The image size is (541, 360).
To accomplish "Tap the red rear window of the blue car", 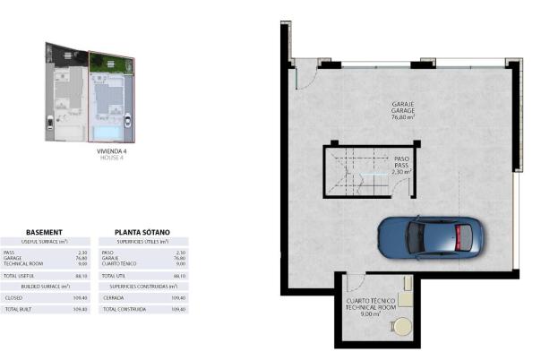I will (x=463, y=237).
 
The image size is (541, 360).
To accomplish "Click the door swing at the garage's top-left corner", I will (x=303, y=75).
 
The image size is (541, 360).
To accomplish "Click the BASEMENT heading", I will (x=44, y=231).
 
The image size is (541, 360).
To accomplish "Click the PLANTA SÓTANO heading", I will (x=142, y=231).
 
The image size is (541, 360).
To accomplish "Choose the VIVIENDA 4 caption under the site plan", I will (x=112, y=151).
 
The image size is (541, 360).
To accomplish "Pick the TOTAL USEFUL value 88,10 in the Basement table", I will (x=82, y=277).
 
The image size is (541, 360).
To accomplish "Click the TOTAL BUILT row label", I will (x=18, y=309).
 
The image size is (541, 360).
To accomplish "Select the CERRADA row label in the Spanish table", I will (x=115, y=297).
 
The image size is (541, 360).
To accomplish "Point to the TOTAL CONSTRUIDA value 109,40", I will (x=178, y=309).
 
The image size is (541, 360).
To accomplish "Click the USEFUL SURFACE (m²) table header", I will (x=44, y=242).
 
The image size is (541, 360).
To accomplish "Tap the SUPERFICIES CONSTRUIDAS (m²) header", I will (x=142, y=287).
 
